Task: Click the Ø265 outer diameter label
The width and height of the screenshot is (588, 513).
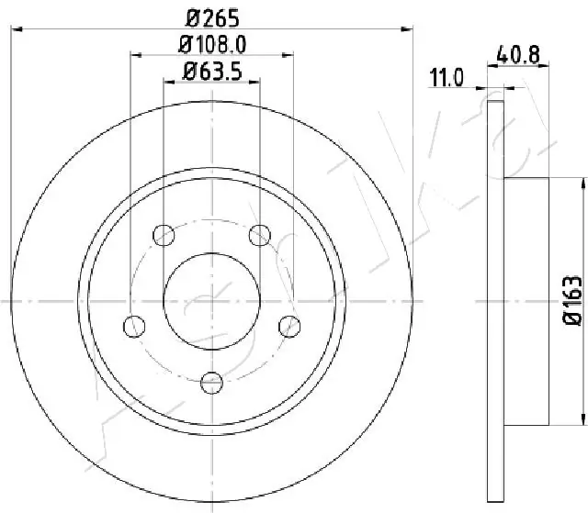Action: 211,17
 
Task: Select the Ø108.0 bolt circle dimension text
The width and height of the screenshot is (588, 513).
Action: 211,43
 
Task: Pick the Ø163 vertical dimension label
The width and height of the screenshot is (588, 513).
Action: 572,299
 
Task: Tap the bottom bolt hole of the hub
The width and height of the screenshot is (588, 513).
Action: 212,381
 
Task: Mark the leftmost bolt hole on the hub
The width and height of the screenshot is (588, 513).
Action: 134,325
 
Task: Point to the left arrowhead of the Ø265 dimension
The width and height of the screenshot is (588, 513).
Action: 15,30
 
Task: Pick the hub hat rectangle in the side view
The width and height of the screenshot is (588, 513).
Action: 527,300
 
